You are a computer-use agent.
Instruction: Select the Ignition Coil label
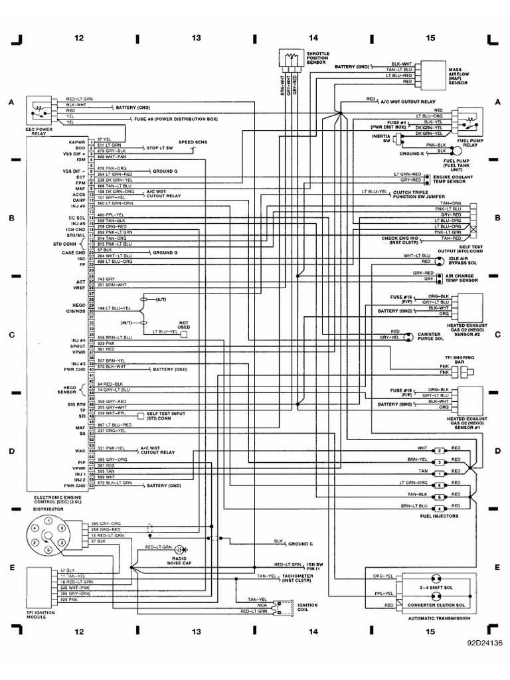point(307,608)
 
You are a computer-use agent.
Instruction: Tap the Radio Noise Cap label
point(177,560)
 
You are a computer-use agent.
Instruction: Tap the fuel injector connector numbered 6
point(439,485)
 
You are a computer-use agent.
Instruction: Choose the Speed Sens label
point(192,142)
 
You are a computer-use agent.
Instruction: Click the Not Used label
point(184,323)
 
